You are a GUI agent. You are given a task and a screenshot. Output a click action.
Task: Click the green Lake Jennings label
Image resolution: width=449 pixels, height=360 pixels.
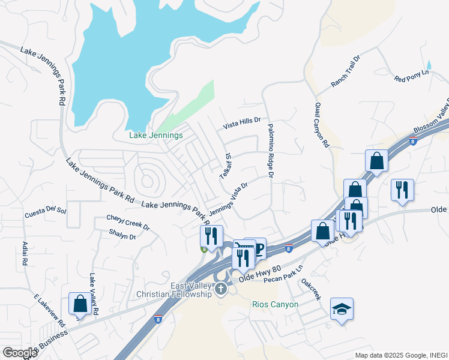(156, 136)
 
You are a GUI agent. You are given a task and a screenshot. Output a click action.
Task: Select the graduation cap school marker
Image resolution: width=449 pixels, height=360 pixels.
(342, 310)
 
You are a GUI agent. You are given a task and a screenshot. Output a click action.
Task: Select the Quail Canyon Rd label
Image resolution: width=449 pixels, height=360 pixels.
(322, 125)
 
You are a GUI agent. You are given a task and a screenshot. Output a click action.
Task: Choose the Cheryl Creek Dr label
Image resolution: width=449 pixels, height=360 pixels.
(128, 223)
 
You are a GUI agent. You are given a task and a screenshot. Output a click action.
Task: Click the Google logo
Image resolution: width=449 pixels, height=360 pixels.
(20, 353)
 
